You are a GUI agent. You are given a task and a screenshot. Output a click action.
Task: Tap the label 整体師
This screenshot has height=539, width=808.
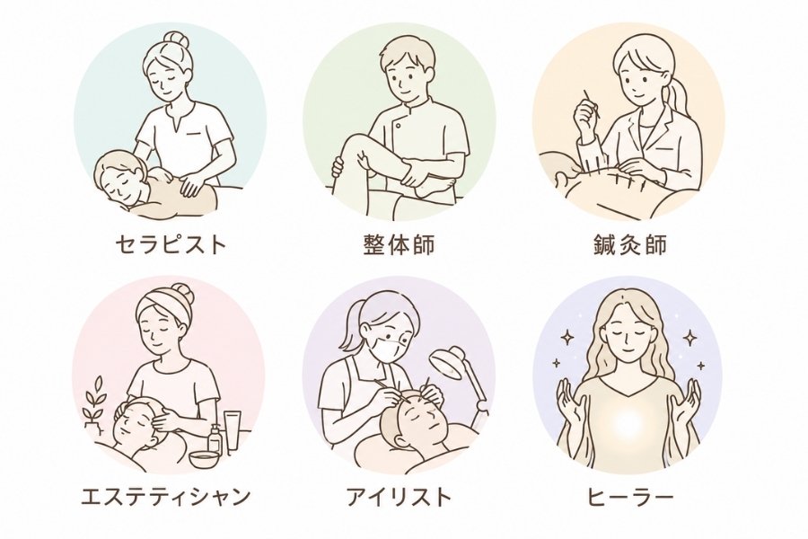pyautogui.click(x=400, y=244)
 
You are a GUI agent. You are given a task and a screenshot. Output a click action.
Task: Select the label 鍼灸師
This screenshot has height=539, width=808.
pyautogui.click(x=629, y=244)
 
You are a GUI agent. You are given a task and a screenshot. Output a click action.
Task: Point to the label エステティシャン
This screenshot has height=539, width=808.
pyautogui.click(x=166, y=496)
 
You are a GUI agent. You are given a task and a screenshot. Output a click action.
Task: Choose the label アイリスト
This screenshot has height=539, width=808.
pyautogui.click(x=399, y=496)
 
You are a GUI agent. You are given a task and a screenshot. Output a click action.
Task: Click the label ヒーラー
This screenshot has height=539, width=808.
pyautogui.click(x=630, y=496)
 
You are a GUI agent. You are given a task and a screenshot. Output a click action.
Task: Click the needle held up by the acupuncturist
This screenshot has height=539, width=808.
pyautogui.click(x=591, y=105)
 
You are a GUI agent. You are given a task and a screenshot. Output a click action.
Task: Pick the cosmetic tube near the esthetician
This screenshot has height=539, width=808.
pyautogui.click(x=233, y=432)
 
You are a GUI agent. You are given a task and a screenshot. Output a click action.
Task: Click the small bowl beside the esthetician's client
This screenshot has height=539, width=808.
pyautogui.click(x=202, y=459)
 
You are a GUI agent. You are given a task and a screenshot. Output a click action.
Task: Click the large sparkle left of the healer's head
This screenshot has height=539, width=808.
pyautogui.click(x=568, y=338)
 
